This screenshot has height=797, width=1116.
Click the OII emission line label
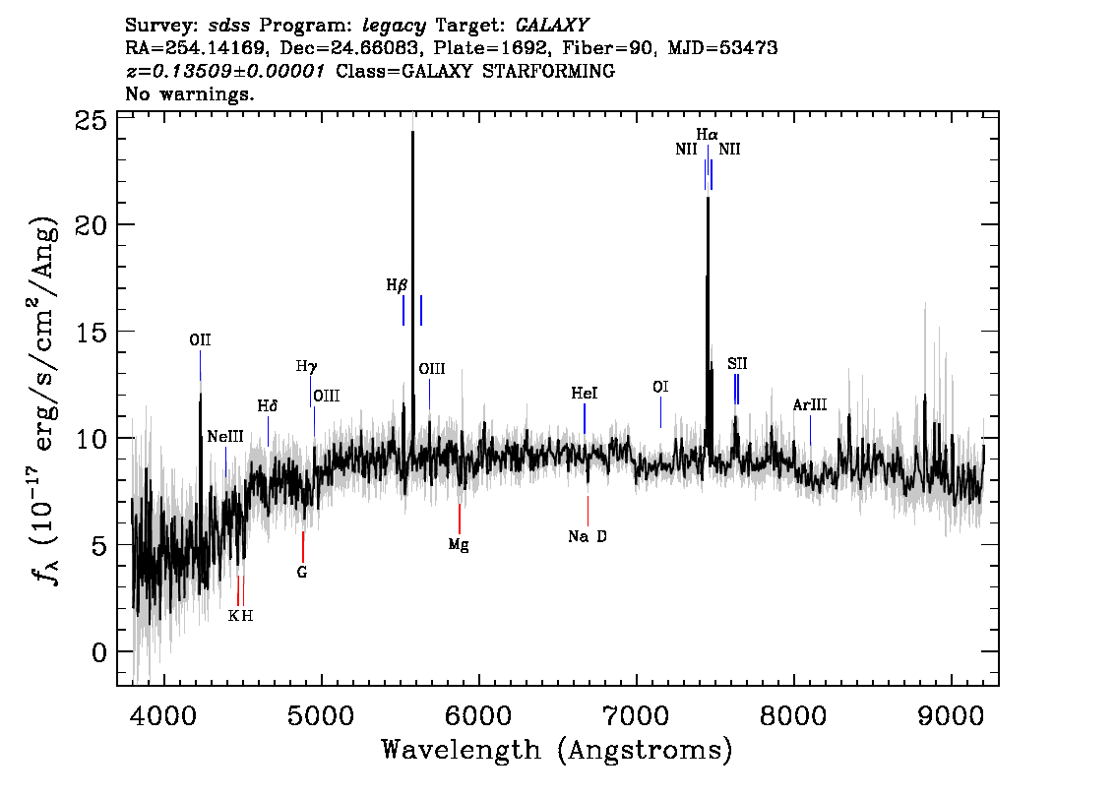(x=200, y=340)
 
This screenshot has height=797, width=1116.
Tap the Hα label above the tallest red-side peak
(x=707, y=135)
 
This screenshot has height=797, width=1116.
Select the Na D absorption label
(x=588, y=536)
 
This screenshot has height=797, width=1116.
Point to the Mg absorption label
(x=459, y=546)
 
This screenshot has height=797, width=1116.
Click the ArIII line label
(x=810, y=405)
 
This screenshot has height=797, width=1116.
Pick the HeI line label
(x=585, y=394)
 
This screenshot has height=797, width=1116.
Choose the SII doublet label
(x=737, y=364)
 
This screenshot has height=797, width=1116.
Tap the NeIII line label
(x=225, y=437)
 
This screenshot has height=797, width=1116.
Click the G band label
(x=302, y=572)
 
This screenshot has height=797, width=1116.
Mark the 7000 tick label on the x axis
(x=636, y=714)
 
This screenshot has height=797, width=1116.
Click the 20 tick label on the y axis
(x=92, y=225)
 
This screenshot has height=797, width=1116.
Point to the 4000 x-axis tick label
(x=163, y=714)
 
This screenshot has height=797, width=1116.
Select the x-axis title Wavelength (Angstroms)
(x=557, y=750)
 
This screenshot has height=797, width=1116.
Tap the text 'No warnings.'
(x=189, y=93)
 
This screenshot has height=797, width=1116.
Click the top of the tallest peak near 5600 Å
(x=412, y=131)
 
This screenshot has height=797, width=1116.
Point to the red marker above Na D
(x=588, y=511)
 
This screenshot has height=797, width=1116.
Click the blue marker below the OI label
(x=660, y=412)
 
